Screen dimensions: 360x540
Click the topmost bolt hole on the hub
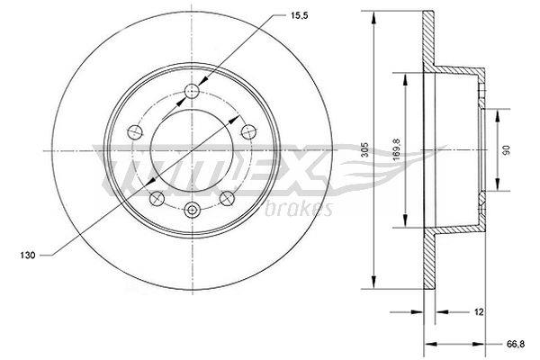coord(191,89)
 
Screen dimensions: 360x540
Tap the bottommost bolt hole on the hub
coord(191,211)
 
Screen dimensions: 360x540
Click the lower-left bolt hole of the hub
coord(154,197)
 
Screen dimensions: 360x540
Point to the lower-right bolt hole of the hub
coord(228,197)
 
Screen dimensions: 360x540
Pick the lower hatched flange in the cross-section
coord(429,261)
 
